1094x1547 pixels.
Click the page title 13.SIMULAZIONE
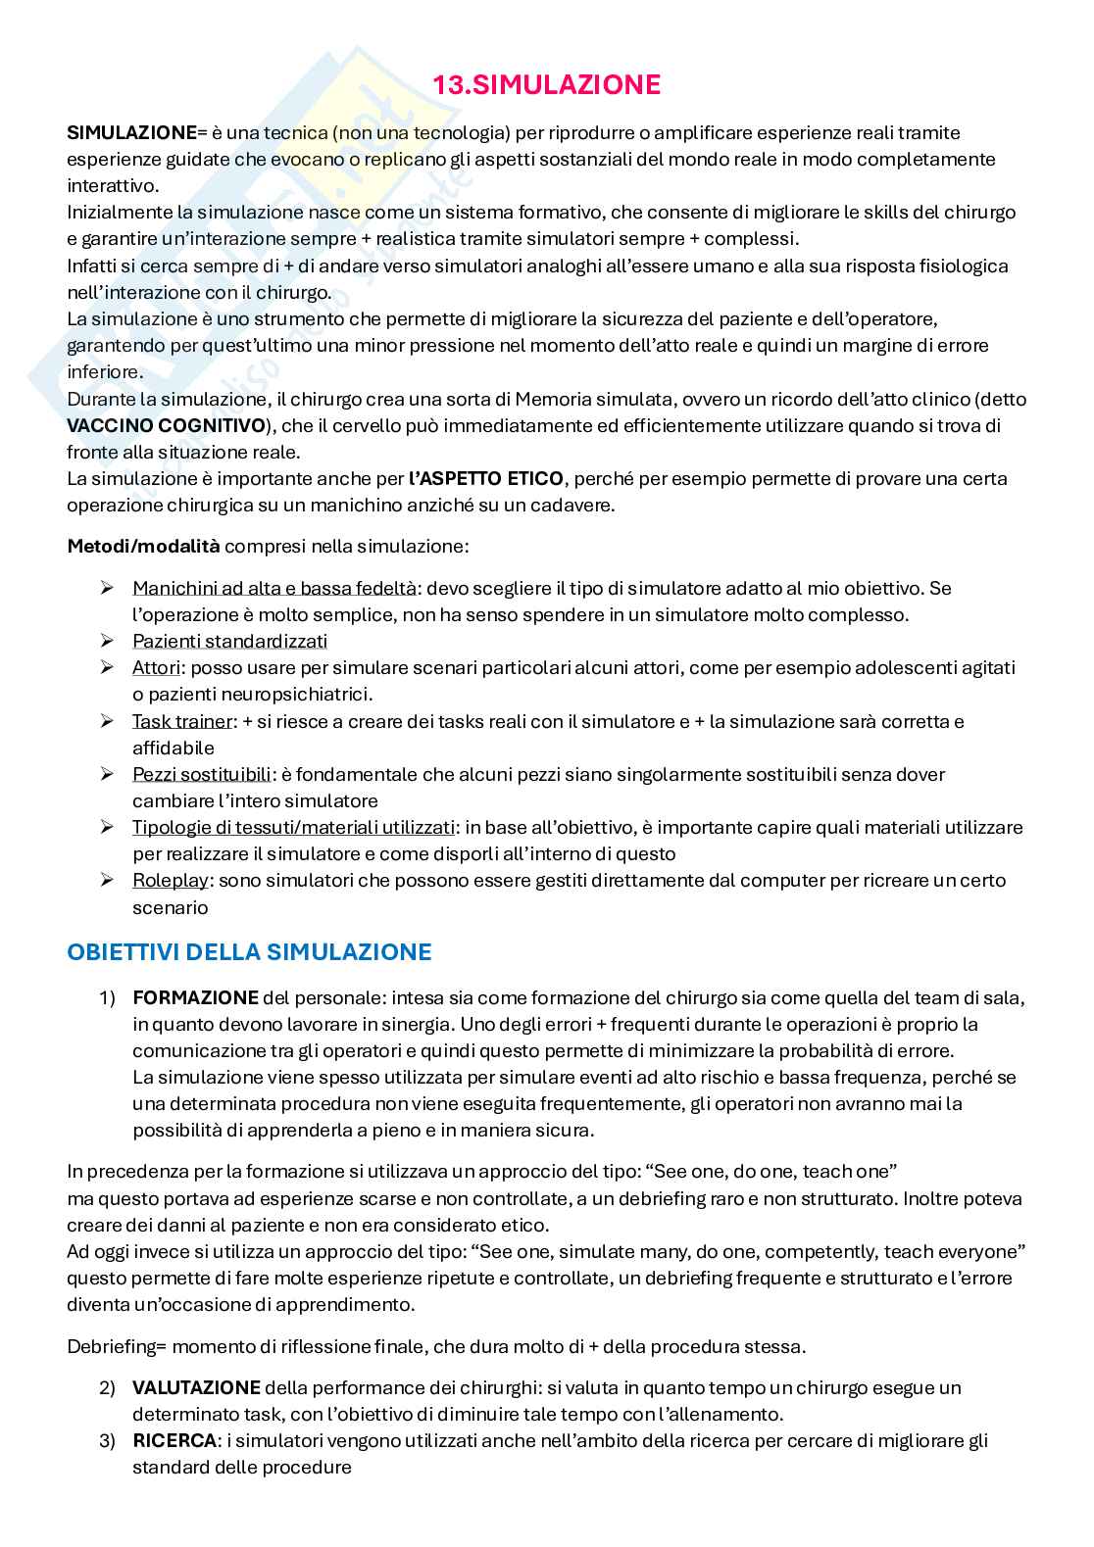[546, 85]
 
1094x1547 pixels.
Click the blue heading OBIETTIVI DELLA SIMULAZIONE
[249, 951]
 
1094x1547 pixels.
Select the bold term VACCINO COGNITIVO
[166, 426]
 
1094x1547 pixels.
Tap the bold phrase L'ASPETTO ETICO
[485, 479]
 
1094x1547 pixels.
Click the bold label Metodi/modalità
[143, 546]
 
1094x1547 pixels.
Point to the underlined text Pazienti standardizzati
[229, 641]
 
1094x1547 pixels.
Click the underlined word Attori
[156, 667]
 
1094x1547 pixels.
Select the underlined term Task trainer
[182, 721]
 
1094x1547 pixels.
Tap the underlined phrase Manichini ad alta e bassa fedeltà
[273, 588]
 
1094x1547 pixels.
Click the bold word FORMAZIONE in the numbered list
[195, 998]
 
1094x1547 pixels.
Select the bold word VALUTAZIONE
[196, 1387]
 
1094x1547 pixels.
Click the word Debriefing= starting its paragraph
[117, 1346]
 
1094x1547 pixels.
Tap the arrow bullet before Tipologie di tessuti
[107, 827]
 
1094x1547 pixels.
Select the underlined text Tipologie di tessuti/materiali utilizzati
[294, 827]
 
